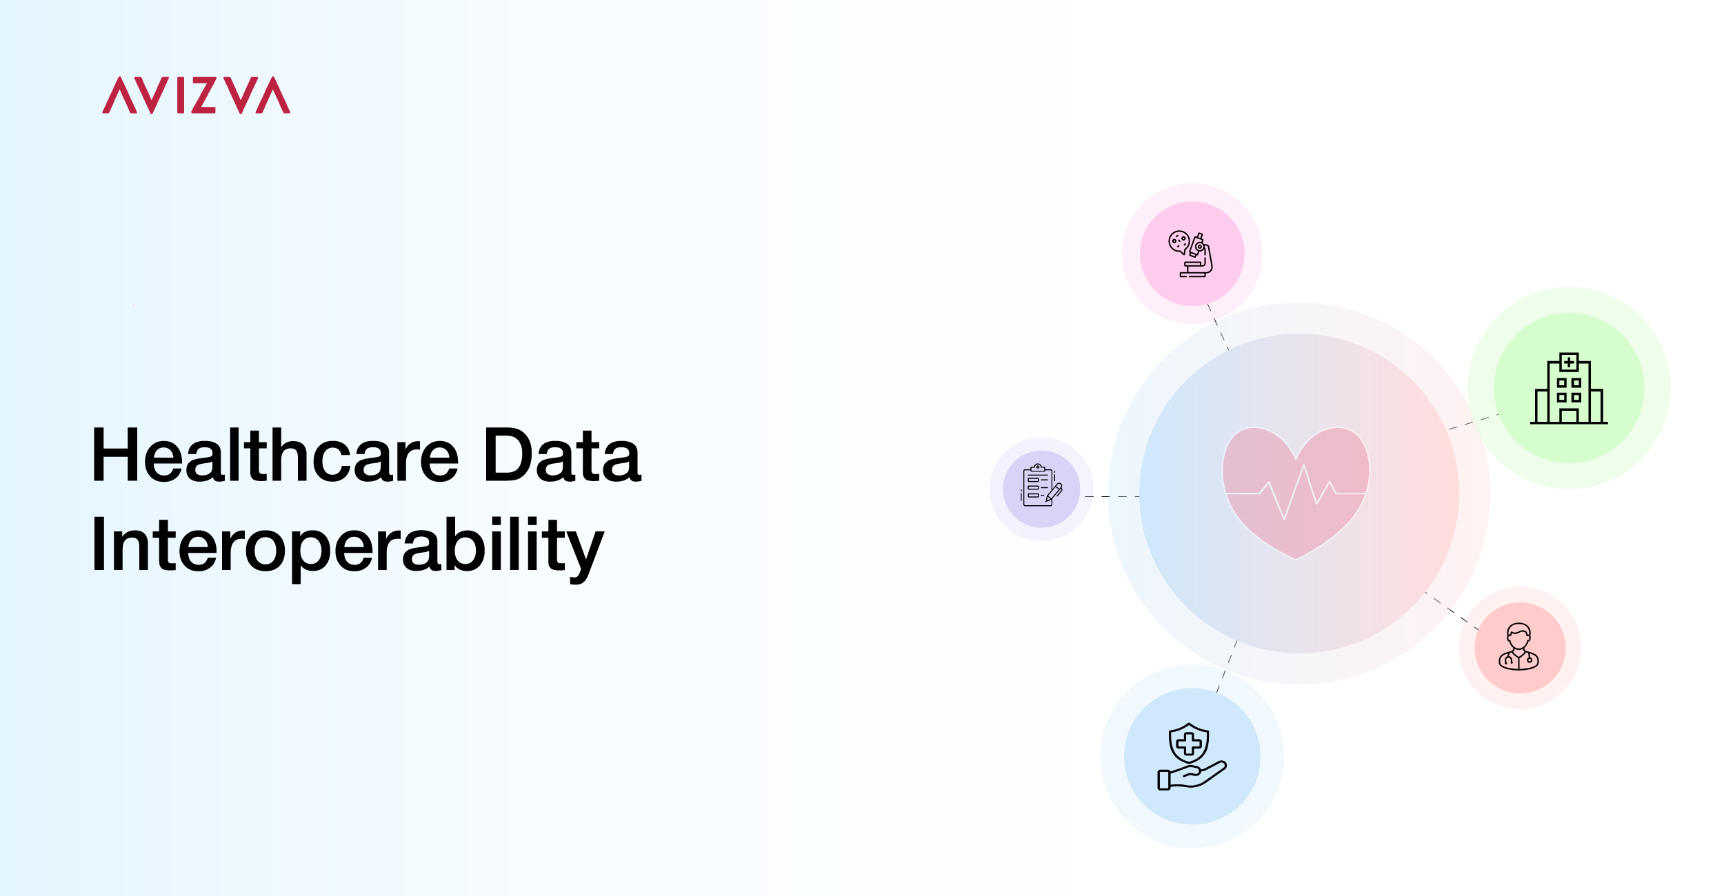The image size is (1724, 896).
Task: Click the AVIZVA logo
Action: pos(196,95)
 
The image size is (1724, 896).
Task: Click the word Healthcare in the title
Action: pos(275,455)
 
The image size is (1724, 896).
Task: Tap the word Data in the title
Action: pos(563,455)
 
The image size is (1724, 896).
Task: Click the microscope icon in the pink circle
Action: pos(1190,254)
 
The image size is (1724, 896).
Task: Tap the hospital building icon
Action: pos(1569,388)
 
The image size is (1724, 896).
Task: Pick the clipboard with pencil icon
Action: pos(1041,485)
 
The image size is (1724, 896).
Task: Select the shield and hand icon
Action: pos(1192,756)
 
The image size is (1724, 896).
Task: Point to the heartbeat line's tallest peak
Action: pos(1303,466)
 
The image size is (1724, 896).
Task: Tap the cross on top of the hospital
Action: pos(1569,362)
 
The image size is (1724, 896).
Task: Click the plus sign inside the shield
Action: pos(1189,744)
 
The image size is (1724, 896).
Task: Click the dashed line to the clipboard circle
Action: pos(1112,496)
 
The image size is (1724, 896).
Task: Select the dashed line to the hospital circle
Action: pos(1473,422)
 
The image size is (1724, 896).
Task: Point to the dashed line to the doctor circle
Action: pos(1452,611)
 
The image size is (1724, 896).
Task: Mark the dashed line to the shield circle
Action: pos(1227,666)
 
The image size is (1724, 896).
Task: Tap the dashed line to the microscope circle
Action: pos(1218,327)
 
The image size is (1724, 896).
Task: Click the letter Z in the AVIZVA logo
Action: pos(203,95)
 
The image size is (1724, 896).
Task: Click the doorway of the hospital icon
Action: pos(1569,416)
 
